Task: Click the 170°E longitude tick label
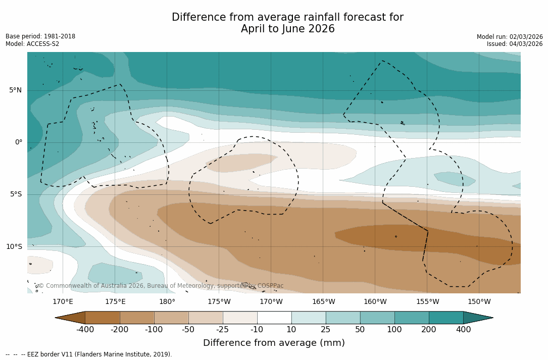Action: (x=63, y=302)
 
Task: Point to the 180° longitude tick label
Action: (x=167, y=302)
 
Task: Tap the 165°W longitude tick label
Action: (x=323, y=302)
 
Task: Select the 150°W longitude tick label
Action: (x=479, y=302)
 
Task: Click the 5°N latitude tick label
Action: (x=15, y=90)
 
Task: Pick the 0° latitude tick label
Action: (x=18, y=142)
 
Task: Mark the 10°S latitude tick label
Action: (x=14, y=247)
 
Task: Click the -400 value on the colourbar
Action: (x=85, y=330)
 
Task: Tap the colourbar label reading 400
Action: (x=463, y=330)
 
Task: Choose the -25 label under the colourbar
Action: (x=223, y=330)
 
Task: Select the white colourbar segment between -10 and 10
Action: (x=274, y=318)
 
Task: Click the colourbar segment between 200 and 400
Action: (x=446, y=318)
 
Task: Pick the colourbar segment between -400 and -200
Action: (x=103, y=318)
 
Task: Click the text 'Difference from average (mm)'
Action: (x=274, y=343)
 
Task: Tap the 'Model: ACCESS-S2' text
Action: (x=32, y=44)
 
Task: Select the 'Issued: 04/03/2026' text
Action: (x=515, y=44)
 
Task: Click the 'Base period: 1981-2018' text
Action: (x=40, y=36)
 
